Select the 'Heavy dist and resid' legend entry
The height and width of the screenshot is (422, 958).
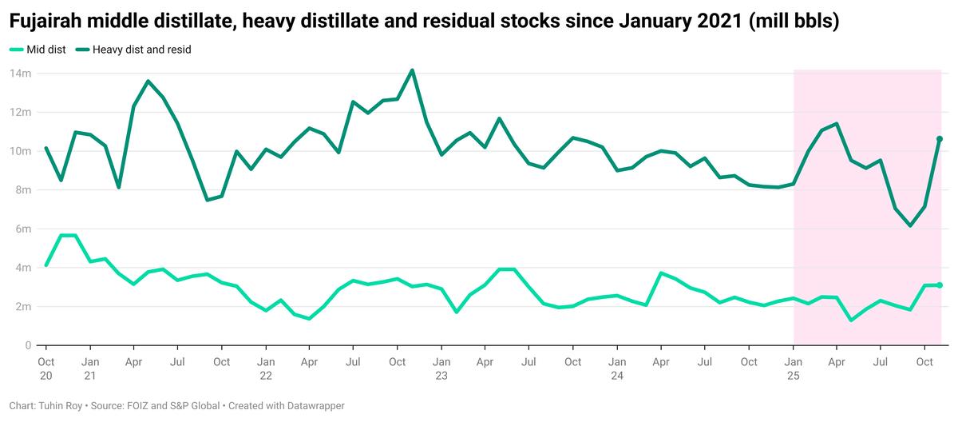[x=141, y=50]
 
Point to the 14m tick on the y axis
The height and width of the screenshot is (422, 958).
[x=20, y=74]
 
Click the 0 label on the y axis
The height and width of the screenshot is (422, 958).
[x=27, y=345]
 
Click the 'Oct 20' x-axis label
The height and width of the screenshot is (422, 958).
[x=46, y=368]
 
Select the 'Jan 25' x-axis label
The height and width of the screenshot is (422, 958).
[x=793, y=368]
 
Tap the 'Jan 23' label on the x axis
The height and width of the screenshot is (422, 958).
[x=441, y=368]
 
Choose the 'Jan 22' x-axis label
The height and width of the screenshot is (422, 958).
[x=266, y=368]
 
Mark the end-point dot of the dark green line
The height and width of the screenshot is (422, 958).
[x=940, y=139]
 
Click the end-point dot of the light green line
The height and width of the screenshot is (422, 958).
[x=940, y=285]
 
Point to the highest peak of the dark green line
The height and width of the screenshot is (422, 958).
[x=412, y=70]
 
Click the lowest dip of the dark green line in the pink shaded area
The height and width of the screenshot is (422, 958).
[x=910, y=226]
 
